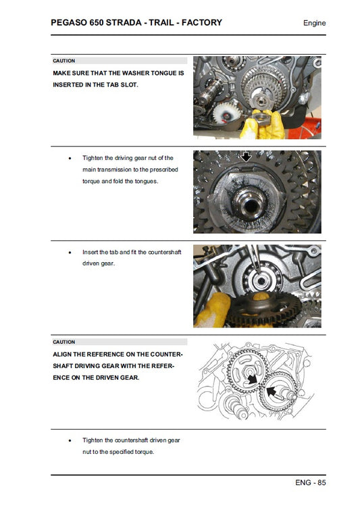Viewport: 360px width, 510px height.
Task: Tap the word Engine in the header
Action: [314, 23]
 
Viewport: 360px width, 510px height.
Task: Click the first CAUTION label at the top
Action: [64, 61]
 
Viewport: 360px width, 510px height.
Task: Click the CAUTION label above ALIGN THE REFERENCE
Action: [64, 342]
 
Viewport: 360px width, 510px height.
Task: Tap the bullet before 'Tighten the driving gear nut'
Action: [70, 158]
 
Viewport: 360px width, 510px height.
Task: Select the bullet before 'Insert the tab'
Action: [70, 252]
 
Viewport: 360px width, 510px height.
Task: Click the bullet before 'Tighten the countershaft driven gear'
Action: [70, 440]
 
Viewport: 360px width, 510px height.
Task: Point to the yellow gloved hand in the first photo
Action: [258, 123]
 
